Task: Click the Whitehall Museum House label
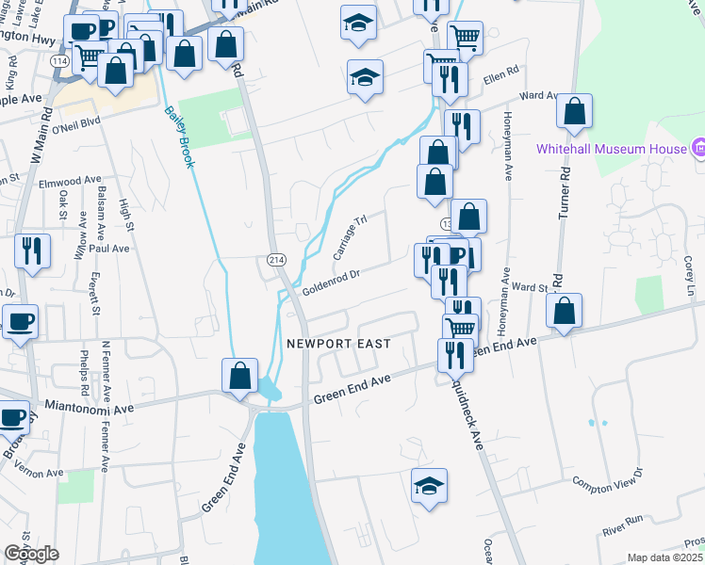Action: click(612, 149)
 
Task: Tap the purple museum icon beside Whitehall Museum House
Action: click(697, 148)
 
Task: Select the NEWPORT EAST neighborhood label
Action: click(337, 345)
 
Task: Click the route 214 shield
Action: click(276, 259)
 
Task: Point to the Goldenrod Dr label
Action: click(332, 282)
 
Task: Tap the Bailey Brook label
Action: click(179, 137)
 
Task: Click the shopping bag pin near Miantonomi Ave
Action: click(240, 375)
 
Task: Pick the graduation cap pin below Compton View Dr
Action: click(429, 486)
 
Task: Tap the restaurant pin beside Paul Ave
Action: click(33, 250)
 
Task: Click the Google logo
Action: click(31, 554)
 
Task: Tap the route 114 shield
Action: click(58, 61)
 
